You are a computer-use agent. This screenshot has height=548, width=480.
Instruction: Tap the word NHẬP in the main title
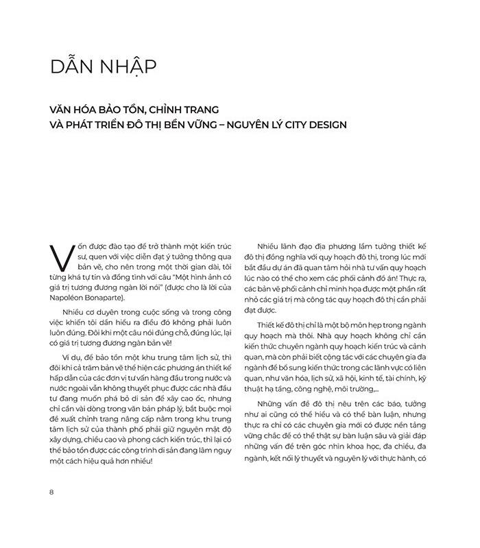(126, 68)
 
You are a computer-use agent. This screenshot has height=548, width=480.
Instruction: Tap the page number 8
(52, 492)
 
